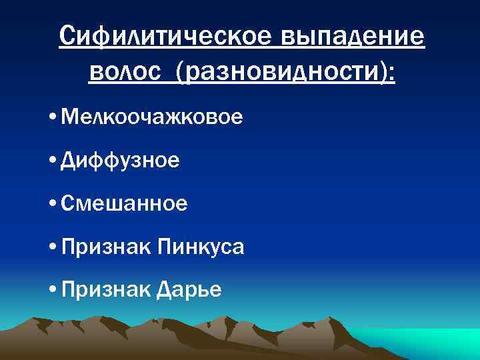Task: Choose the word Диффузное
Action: tap(119, 161)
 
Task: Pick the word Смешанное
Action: tap(124, 204)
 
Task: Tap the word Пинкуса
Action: tap(201, 248)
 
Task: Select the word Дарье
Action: tap(191, 290)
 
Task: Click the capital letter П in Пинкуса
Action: tap(164, 248)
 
